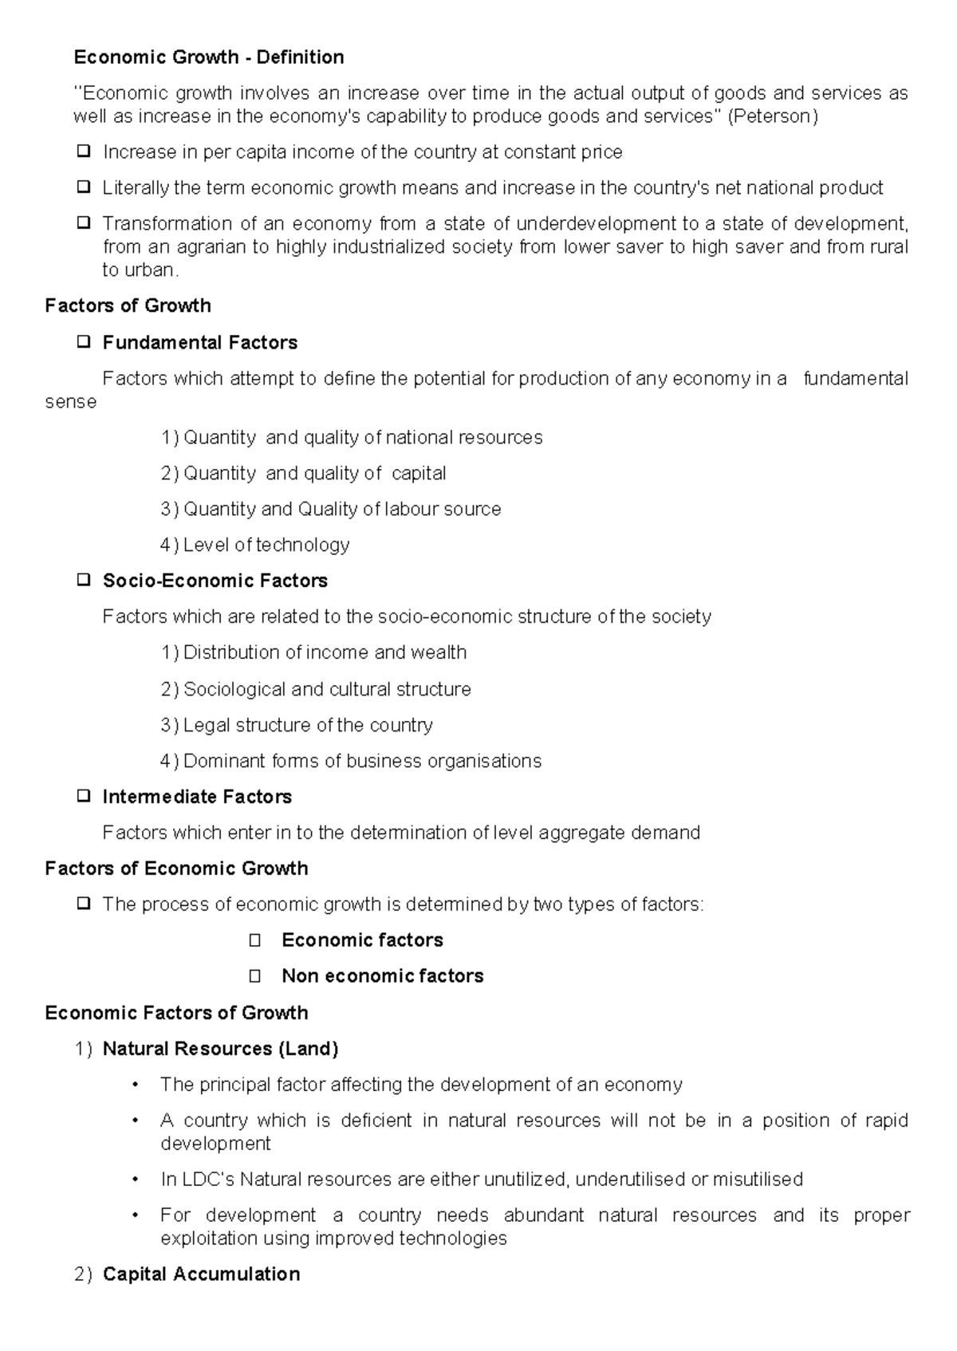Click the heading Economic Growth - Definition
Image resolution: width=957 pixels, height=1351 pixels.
209,57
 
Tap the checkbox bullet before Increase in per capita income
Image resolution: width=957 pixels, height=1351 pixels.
83,151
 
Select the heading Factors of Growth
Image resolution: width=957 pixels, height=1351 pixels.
128,306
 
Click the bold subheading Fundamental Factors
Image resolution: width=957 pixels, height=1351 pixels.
199,343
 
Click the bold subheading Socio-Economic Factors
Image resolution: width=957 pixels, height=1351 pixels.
215,581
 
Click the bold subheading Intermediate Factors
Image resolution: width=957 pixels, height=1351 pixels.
197,798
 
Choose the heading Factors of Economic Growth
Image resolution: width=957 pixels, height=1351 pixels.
176,868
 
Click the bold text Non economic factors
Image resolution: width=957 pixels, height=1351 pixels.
383,976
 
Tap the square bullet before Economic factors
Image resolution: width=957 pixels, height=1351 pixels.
255,941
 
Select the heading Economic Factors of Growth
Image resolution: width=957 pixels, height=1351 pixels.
176,1013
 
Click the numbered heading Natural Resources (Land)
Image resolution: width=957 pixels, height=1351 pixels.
220,1050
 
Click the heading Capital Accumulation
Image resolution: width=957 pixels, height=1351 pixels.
201,1274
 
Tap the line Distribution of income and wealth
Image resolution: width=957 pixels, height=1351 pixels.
325,653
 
